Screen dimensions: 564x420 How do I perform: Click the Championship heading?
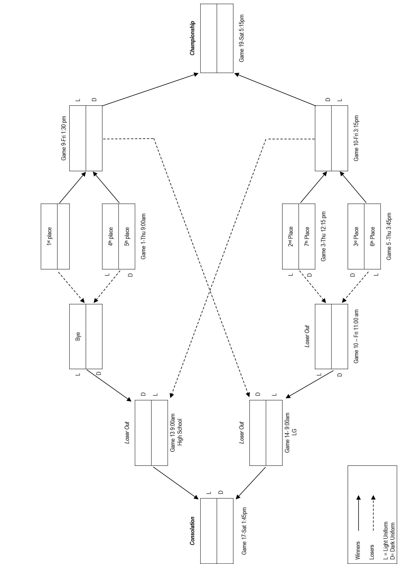click(192, 38)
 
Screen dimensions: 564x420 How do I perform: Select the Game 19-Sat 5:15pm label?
click(242, 38)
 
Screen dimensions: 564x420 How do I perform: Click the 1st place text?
click(49, 236)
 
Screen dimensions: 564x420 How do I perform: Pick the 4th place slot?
click(111, 236)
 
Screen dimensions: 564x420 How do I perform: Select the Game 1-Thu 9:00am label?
click(143, 236)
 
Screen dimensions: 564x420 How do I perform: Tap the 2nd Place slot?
click(291, 236)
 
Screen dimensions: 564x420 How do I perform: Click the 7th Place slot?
click(307, 236)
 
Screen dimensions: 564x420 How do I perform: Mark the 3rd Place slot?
click(356, 236)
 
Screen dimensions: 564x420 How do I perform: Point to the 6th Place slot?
click(373, 236)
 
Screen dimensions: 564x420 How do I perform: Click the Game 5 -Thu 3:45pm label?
click(389, 236)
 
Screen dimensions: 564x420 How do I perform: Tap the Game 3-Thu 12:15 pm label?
click(323, 236)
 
